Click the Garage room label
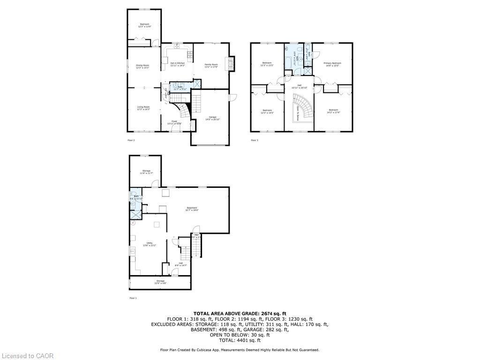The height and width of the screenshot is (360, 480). tap(212, 118)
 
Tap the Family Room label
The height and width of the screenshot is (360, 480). tap(211, 65)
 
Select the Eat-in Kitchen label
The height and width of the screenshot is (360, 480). tap(177, 64)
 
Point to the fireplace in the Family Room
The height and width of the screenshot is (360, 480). tap(231, 63)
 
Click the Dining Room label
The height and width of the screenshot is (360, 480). tap(142, 67)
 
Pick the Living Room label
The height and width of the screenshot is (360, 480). tap(143, 108)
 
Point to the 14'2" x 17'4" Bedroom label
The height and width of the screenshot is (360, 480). tap(333, 111)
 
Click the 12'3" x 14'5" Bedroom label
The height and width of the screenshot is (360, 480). tap(267, 111)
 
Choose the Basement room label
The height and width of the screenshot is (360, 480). tap(192, 209)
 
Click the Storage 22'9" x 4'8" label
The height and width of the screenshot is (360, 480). tap(160, 282)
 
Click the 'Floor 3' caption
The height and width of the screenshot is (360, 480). tap(255, 140)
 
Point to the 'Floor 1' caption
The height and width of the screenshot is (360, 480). tap(133, 298)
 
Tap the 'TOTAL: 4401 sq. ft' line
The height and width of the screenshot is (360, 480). tap(240, 340)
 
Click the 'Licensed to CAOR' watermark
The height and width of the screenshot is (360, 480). tap(27, 356)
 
